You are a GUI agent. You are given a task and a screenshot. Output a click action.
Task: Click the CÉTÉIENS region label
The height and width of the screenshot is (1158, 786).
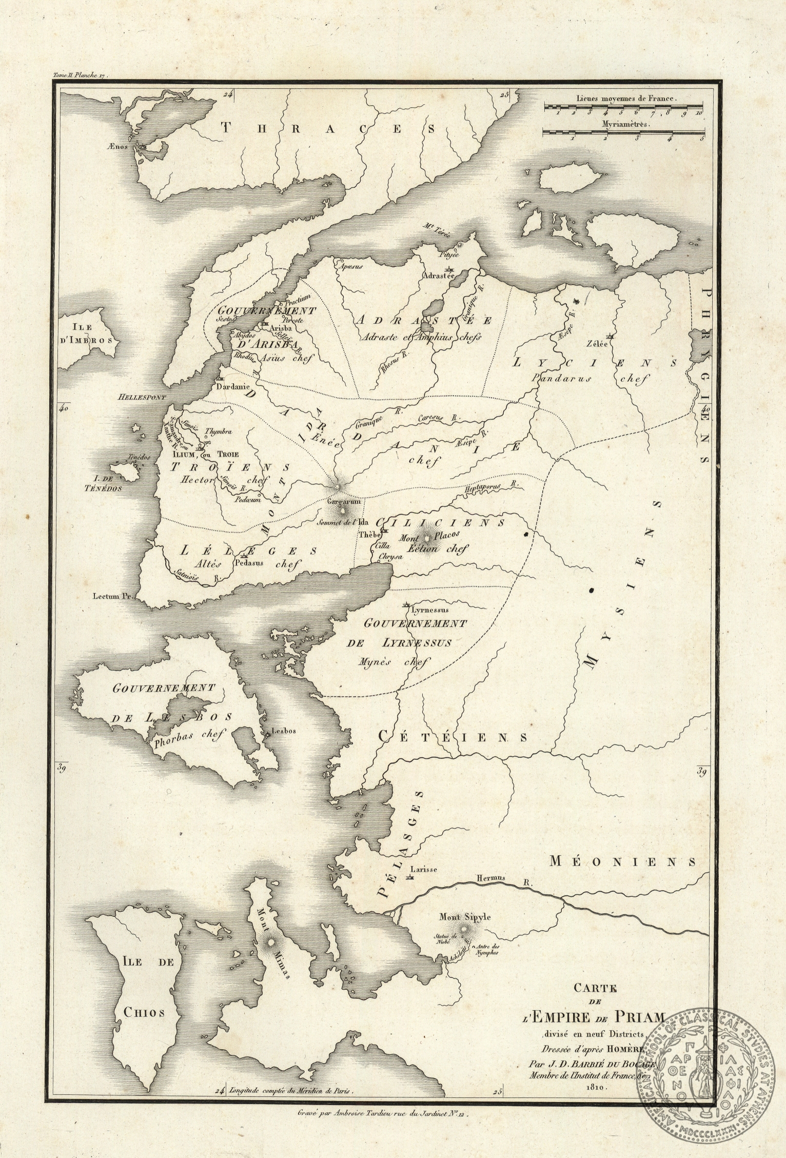(453, 737)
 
